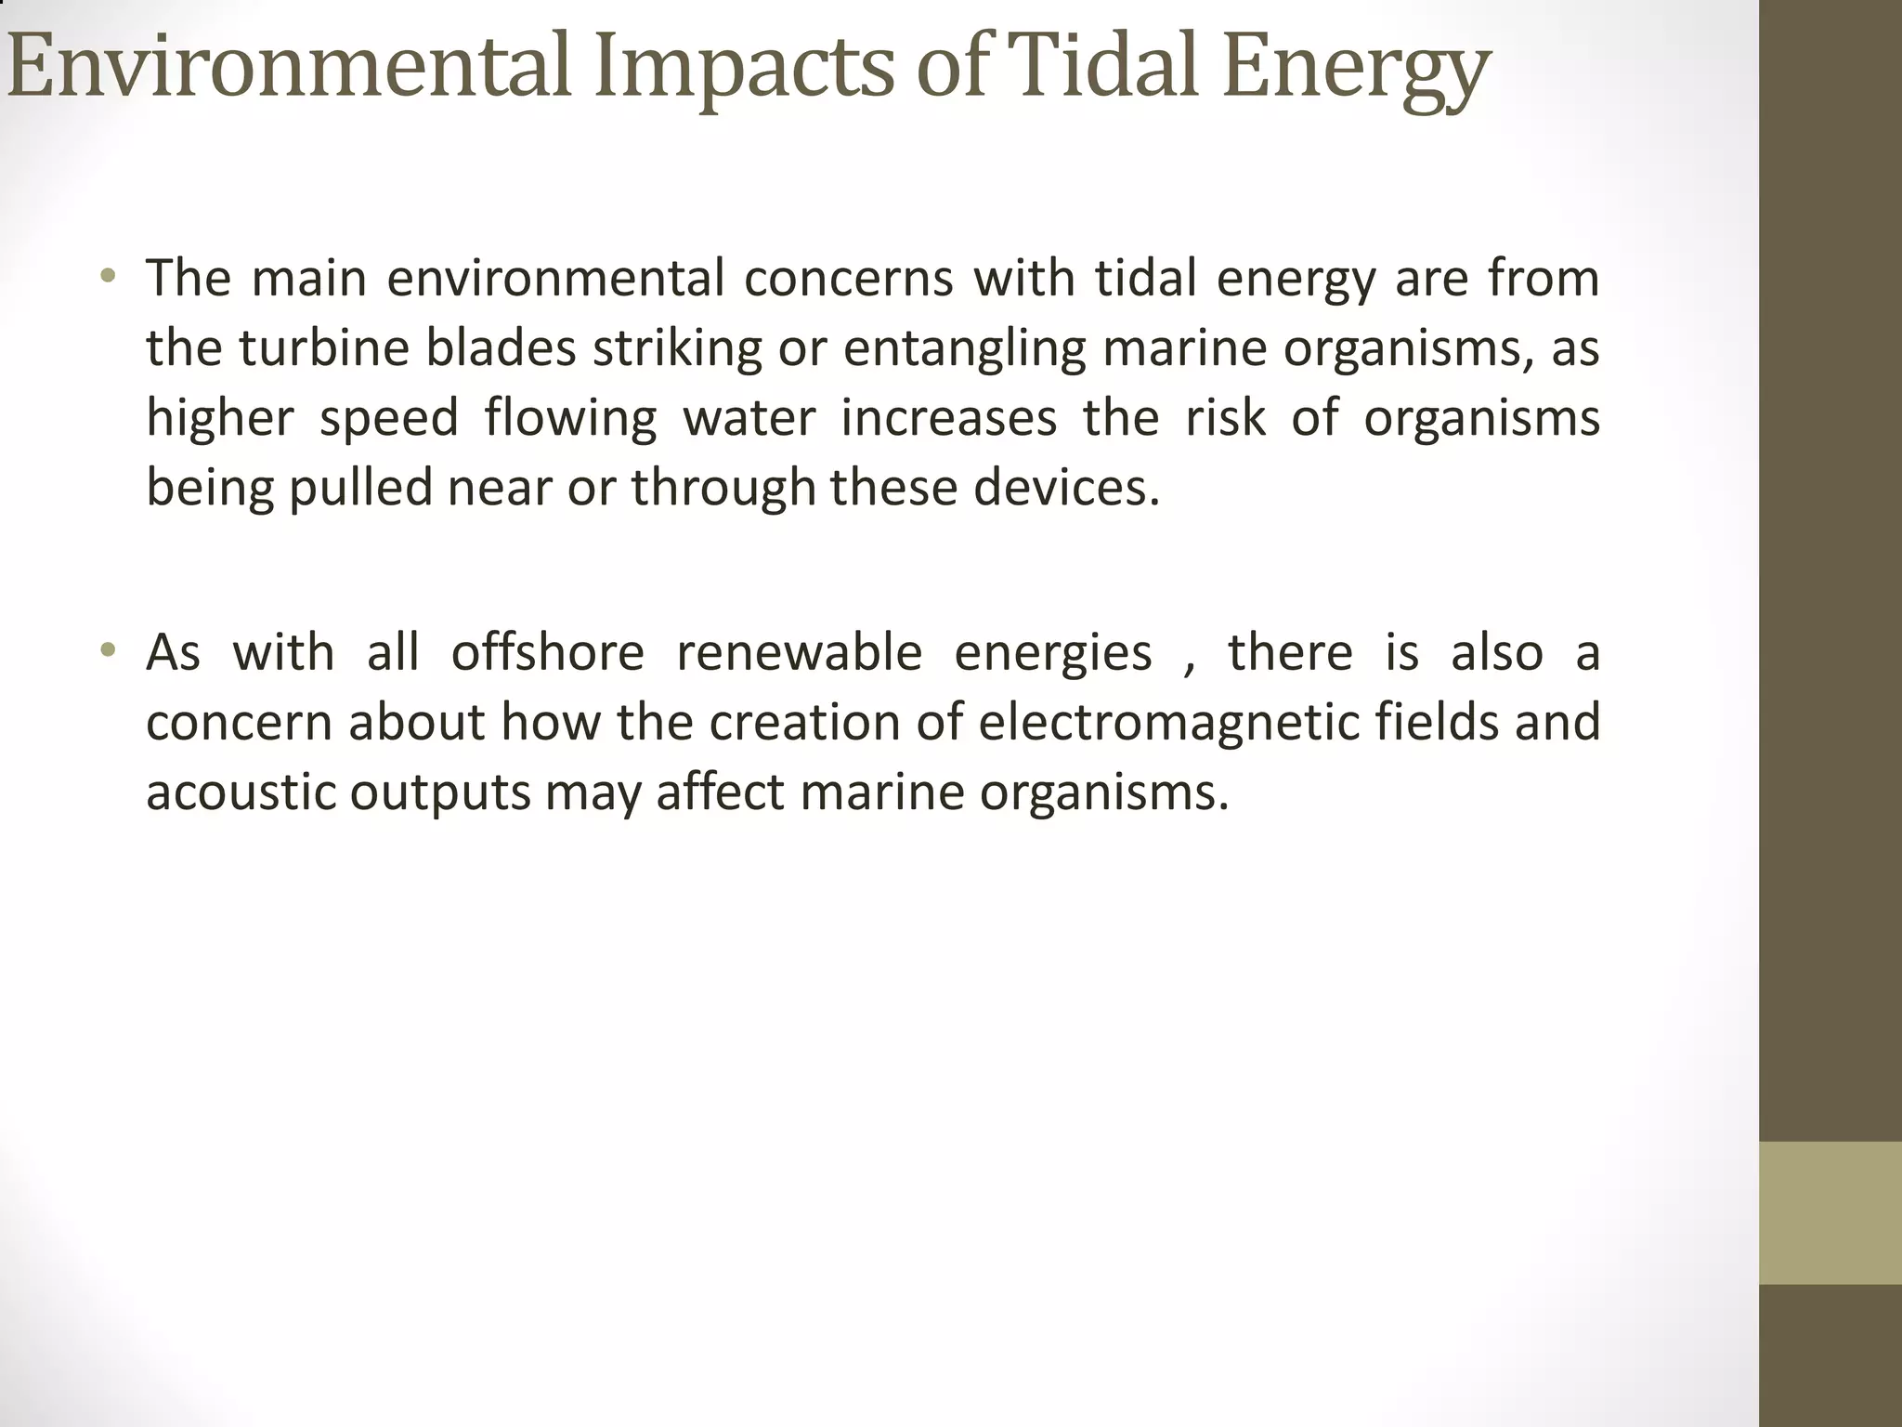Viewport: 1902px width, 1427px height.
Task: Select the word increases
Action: [948, 418]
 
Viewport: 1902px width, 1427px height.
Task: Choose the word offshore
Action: [547, 652]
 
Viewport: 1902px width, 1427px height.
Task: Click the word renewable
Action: [799, 652]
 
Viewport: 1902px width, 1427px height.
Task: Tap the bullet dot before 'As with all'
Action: [109, 649]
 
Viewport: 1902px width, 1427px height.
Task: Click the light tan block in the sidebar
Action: [1830, 1212]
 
